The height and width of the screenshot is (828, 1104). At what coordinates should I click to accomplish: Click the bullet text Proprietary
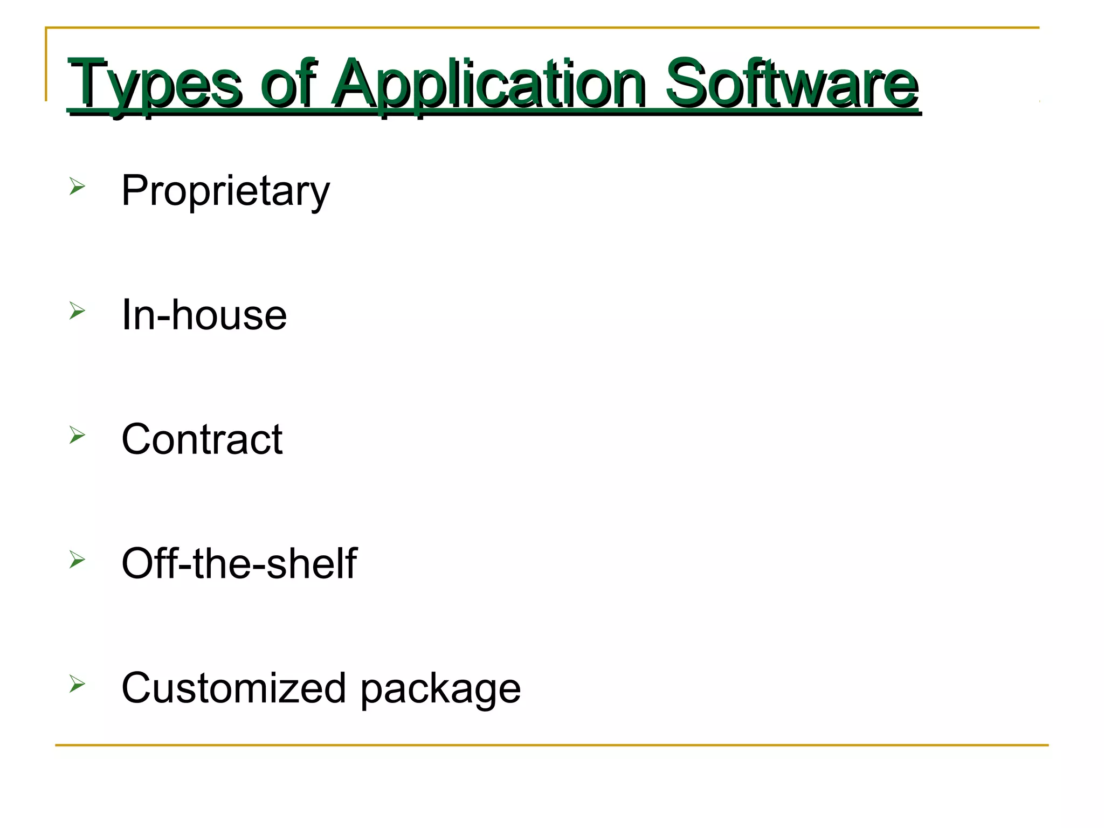(225, 192)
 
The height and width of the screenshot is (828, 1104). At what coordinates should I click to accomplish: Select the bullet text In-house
(204, 315)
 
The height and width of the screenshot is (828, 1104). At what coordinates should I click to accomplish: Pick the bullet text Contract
(202, 439)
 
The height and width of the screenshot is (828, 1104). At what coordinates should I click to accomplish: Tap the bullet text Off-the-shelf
(239, 564)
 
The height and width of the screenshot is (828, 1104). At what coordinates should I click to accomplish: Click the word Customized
(233, 688)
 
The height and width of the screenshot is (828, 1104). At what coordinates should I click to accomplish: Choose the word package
(440, 690)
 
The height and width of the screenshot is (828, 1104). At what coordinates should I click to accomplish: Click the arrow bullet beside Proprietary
(77, 187)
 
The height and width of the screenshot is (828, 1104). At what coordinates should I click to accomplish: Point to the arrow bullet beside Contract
(77, 435)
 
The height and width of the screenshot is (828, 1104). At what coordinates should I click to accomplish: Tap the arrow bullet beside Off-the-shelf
(77, 560)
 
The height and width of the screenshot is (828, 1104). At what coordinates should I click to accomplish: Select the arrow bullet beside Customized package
(77, 684)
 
